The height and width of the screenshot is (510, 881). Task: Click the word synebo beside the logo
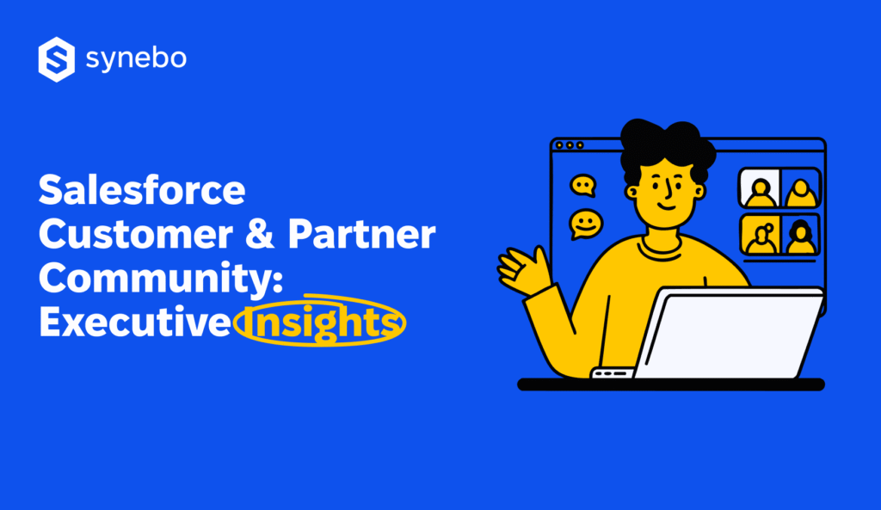[136, 58]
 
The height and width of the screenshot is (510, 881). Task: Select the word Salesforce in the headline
[141, 190]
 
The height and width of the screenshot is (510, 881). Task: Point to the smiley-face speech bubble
[586, 224]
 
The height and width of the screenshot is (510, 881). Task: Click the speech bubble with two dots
[583, 184]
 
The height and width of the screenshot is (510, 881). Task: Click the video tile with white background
[759, 189]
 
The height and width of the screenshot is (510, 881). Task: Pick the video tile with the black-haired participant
[800, 235]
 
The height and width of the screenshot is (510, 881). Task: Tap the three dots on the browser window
[569, 145]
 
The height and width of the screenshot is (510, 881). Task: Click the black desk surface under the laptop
[671, 384]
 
